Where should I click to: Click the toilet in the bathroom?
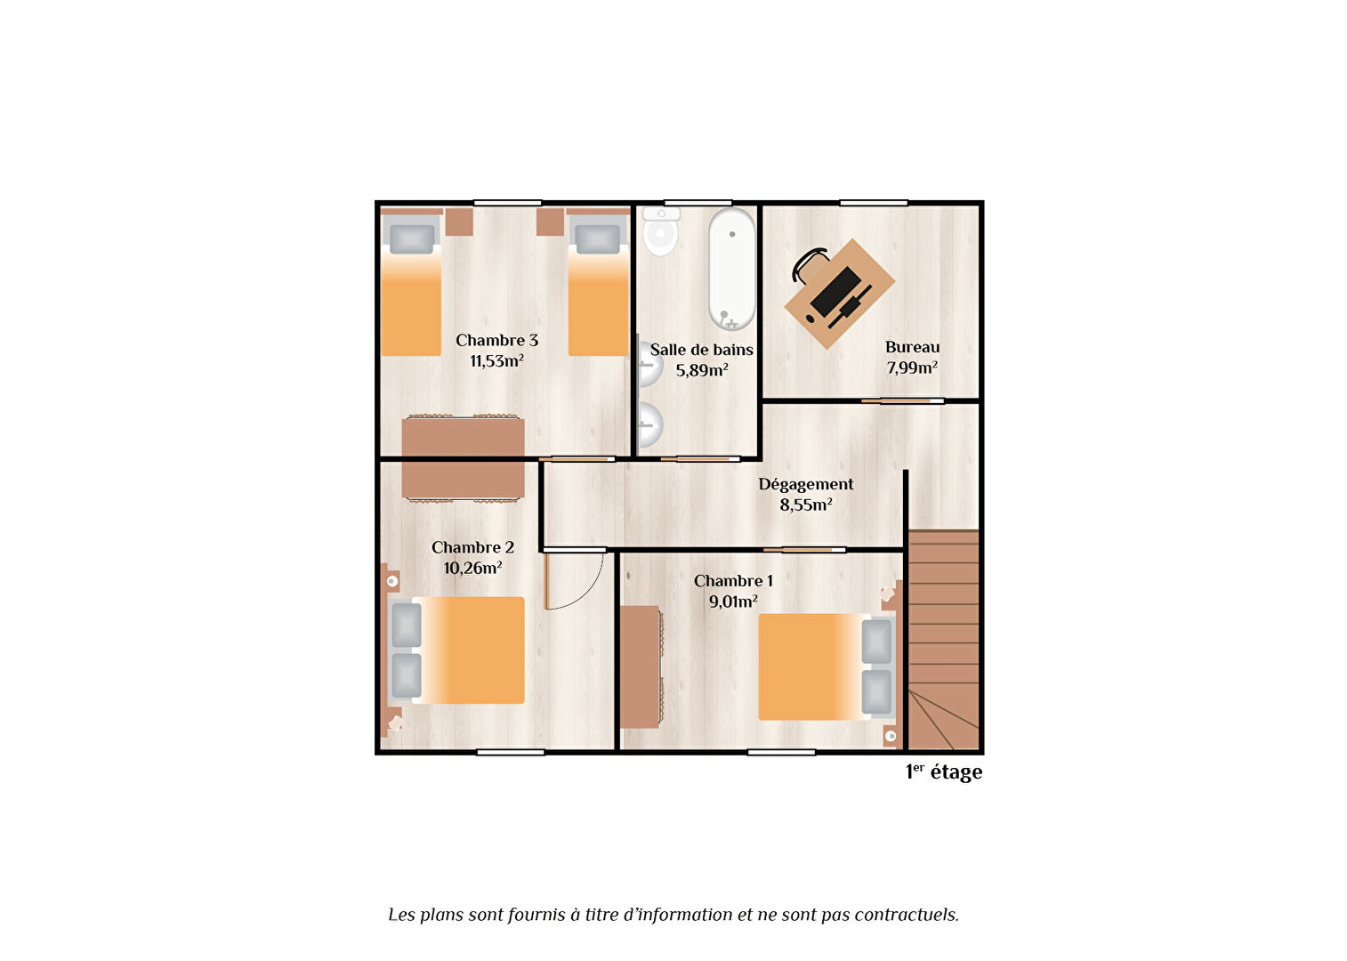point(660,230)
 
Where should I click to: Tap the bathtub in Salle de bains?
point(731,269)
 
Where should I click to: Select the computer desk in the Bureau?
point(840,294)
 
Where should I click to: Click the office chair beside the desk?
point(810,264)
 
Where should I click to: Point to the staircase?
point(943,640)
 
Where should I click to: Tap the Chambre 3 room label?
point(496,341)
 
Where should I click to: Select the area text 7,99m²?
point(912,367)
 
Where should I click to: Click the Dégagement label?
point(806,484)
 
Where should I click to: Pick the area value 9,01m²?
point(733,602)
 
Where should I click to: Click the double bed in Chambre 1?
point(827,667)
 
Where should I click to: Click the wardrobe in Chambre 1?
point(641,667)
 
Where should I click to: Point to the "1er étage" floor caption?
point(944,772)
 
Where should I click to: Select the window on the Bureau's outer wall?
point(874,203)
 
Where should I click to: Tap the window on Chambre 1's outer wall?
point(781,752)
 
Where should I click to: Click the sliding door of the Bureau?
point(903,400)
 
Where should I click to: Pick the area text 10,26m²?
point(472,569)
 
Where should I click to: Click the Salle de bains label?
point(701,350)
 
